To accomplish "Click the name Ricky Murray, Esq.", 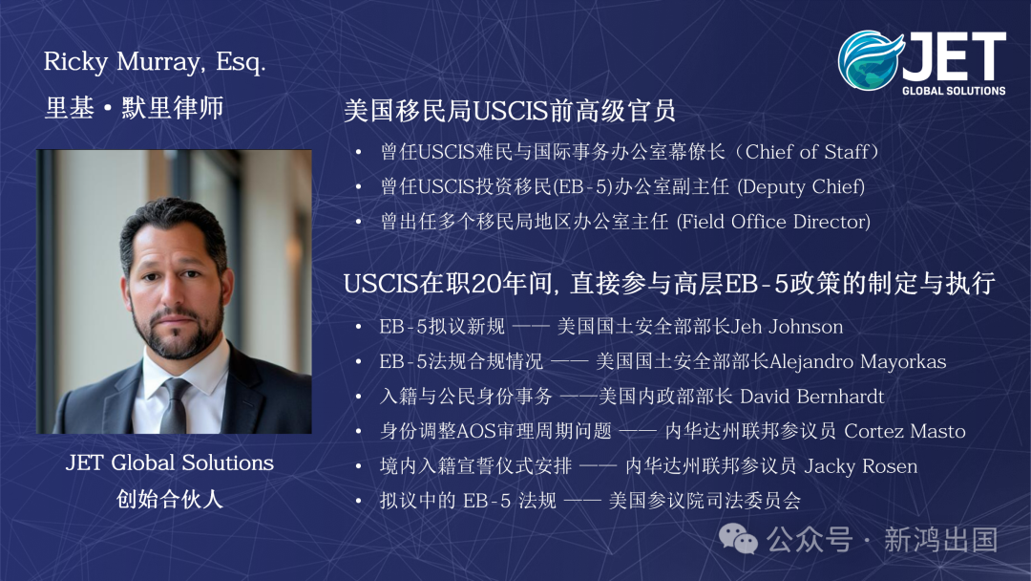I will point(155,64).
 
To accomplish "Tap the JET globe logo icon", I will point(870,59).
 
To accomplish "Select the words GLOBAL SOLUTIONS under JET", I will point(954,91).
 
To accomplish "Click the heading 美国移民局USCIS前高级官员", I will point(510,111).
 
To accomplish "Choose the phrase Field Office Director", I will point(772,222).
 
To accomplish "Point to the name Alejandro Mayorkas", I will point(857,361).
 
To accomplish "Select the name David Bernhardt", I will point(812,397).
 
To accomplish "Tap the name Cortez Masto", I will point(905,431).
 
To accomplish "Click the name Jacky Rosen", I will point(861,466).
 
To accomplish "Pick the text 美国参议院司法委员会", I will point(705,501).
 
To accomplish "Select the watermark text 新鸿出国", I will point(940,539).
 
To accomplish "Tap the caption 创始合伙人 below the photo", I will point(169,498).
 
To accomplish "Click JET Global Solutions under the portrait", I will point(170,463).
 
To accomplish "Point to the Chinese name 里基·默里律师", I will point(134,107).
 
